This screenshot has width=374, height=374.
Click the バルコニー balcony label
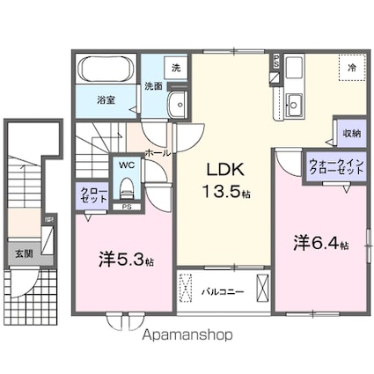(224, 289)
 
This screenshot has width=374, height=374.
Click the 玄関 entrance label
(24, 253)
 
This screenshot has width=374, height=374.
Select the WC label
(127, 165)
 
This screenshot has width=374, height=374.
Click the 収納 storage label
(350, 134)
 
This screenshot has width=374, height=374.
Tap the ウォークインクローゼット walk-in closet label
(335, 165)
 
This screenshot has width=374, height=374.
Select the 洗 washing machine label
(175, 67)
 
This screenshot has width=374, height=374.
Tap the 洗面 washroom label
(153, 85)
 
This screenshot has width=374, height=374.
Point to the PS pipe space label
(127, 209)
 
